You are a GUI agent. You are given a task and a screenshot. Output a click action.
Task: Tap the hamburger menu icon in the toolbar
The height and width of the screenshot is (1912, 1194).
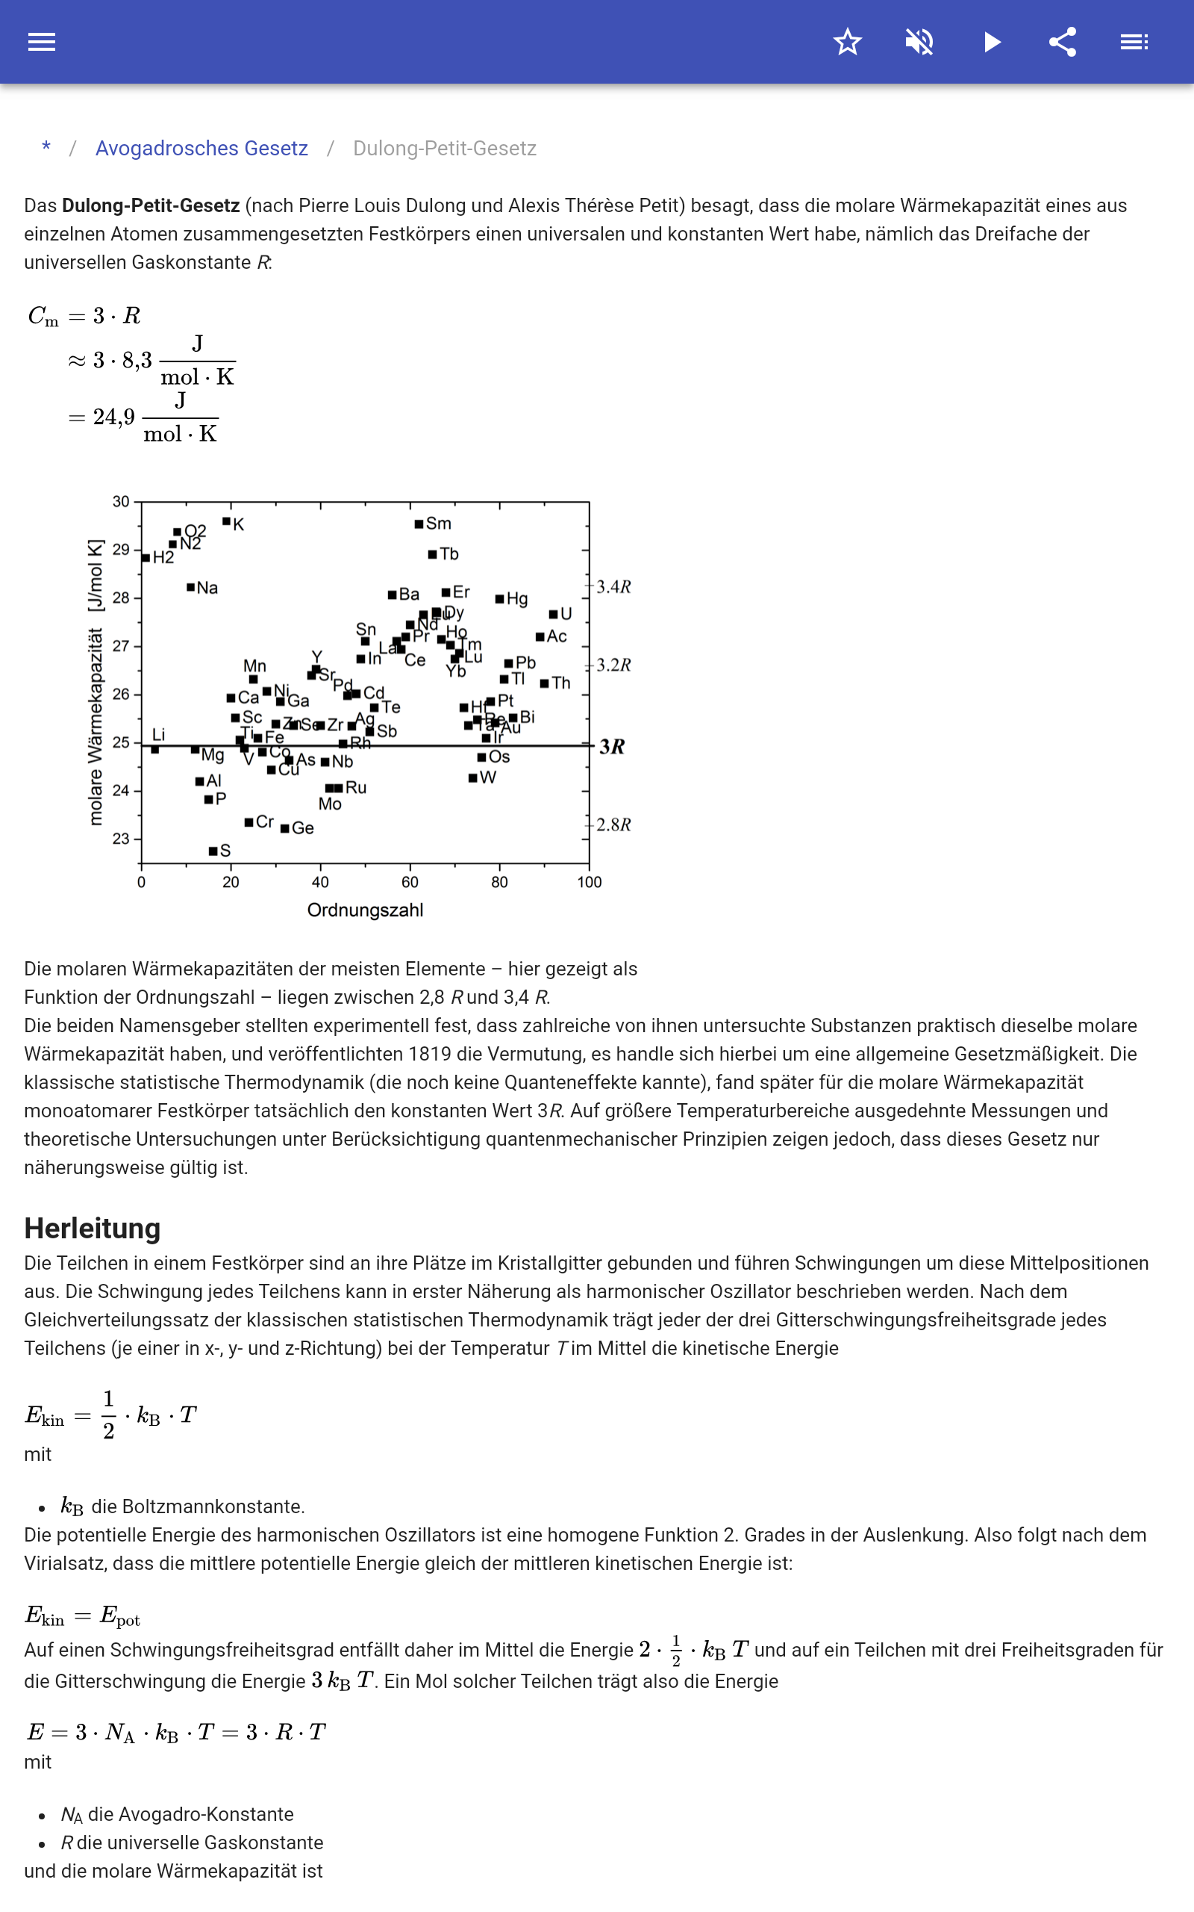pos(42,42)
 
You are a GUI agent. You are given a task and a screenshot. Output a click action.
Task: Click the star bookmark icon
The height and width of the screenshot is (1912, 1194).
pos(847,42)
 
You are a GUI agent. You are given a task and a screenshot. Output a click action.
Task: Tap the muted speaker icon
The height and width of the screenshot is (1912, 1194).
pos(919,42)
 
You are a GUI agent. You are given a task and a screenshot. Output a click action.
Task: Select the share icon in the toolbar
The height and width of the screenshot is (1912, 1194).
pos(1063,42)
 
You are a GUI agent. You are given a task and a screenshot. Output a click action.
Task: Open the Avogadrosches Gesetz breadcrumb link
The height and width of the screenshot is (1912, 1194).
pos(201,149)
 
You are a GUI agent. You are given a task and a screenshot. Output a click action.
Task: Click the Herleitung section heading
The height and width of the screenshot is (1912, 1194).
pos(93,1229)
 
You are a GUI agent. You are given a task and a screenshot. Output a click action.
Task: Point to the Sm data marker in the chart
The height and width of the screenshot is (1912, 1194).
pos(419,524)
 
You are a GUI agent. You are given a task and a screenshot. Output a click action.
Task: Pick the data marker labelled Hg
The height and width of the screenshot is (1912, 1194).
pos(499,599)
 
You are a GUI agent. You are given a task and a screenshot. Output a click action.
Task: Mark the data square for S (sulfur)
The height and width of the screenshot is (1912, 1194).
pos(213,851)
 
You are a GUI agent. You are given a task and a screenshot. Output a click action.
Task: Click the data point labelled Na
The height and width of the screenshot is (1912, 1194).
pos(191,587)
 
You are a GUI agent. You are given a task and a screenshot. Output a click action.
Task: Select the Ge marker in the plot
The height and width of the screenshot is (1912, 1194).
pos(285,828)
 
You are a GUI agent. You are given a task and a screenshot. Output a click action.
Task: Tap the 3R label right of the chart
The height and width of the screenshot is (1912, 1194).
pos(612,747)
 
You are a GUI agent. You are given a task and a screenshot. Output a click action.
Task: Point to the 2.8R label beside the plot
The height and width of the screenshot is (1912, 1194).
pos(613,825)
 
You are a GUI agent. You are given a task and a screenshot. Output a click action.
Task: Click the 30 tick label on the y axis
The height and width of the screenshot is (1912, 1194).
pos(121,502)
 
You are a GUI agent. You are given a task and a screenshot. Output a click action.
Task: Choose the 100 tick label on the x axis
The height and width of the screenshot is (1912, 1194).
pos(589,882)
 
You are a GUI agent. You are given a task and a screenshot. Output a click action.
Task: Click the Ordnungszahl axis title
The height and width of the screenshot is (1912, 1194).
pos(365,910)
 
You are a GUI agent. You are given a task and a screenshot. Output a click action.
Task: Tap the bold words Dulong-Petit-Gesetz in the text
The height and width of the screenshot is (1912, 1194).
pos(151,205)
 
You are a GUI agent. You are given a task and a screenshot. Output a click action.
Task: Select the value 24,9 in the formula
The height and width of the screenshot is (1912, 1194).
pos(113,418)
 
